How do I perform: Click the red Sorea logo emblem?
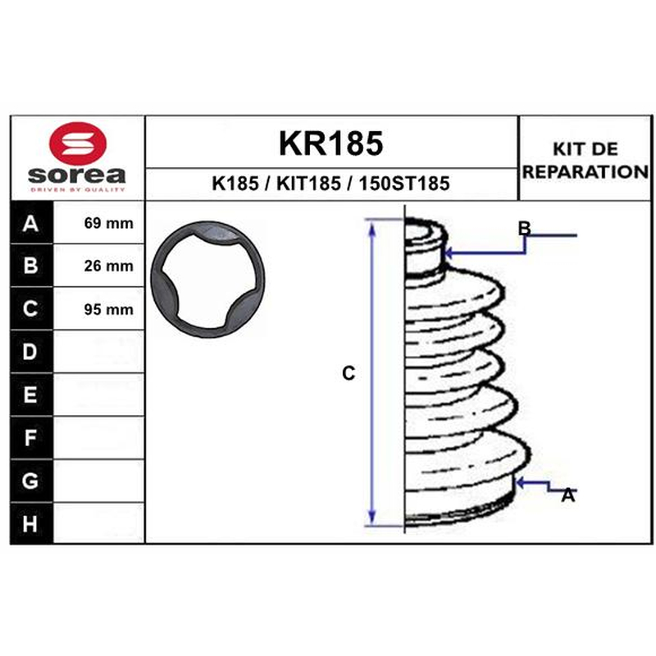tap(78, 143)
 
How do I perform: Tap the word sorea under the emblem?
tap(77, 175)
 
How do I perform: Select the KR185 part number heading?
tap(330, 143)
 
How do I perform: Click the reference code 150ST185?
tap(404, 183)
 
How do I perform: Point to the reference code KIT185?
tap(309, 183)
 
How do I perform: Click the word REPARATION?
tap(585, 171)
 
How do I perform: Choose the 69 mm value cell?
tap(99, 222)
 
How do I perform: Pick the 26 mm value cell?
tap(99, 266)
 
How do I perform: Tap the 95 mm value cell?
tap(99, 309)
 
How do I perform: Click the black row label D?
tap(31, 352)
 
